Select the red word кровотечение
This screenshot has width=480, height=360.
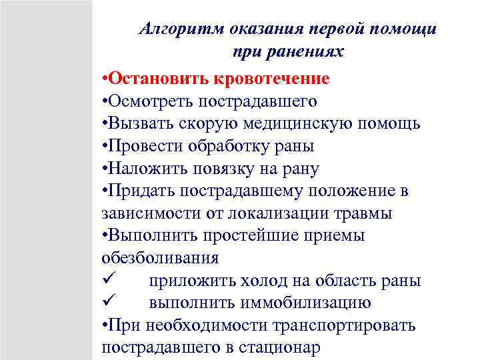click(x=271, y=79)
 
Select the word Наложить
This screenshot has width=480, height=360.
click(x=143, y=169)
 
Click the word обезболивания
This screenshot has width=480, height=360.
click(x=160, y=258)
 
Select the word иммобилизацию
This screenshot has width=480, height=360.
click(x=308, y=303)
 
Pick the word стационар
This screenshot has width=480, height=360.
click(x=273, y=348)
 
